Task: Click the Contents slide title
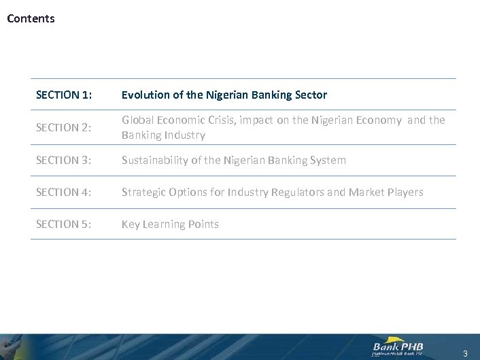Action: tap(31, 18)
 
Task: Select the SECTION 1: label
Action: tap(64, 95)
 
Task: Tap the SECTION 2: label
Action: tap(64, 127)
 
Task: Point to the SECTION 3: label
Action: tap(64, 161)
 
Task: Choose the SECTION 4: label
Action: tap(64, 193)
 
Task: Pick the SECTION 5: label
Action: tap(64, 225)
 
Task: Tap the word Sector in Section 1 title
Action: tap(311, 95)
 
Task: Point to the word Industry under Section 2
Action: tap(184, 135)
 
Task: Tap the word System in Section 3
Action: tap(328, 161)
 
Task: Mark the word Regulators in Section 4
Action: tap(298, 193)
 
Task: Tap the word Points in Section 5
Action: tap(202, 225)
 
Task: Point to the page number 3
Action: tap(465, 353)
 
